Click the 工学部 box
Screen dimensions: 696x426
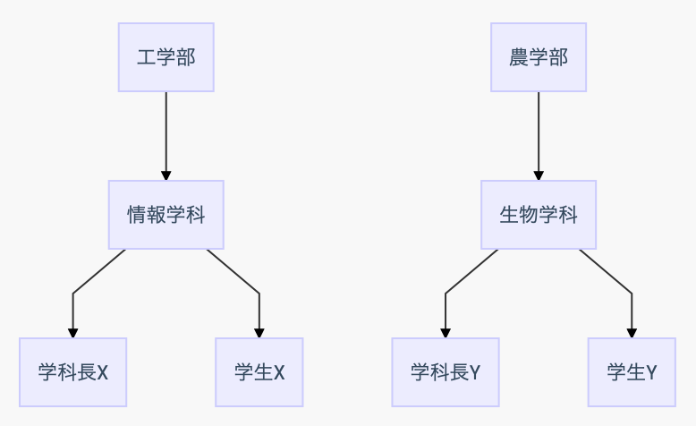166,57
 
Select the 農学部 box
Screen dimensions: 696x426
539,57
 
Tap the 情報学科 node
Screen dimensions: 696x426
166,215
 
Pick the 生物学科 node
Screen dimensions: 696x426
539,215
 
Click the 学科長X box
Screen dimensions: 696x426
72,372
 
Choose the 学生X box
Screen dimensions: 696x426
259,372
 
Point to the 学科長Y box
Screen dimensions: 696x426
446,372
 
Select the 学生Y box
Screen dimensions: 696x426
632,372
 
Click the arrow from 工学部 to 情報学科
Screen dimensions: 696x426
166,136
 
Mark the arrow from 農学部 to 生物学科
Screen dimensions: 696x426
539,136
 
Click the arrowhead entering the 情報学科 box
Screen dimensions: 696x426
166,175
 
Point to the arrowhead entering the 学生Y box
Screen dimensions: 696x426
632,333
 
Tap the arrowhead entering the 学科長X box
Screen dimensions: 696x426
72,333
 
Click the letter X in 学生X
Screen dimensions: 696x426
279,372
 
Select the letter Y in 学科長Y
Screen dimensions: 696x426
474,372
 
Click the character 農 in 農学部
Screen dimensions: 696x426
519,57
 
